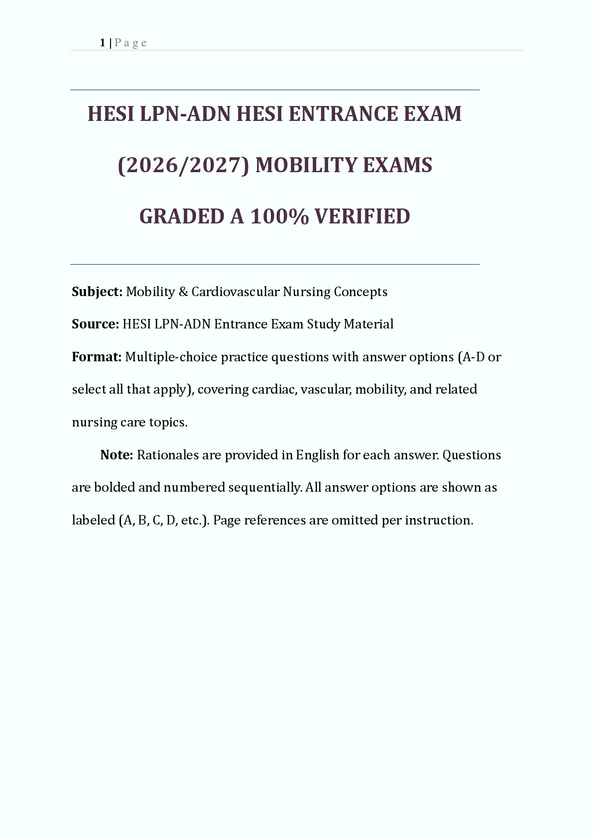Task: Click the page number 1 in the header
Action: (x=102, y=43)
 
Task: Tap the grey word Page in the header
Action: (x=130, y=43)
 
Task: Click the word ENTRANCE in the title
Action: (x=343, y=114)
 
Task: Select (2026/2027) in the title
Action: (x=183, y=165)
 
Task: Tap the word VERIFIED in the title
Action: (x=362, y=216)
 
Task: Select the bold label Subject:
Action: (x=97, y=292)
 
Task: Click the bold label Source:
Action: (x=95, y=324)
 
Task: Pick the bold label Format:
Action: (x=97, y=357)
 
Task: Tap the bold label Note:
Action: (x=117, y=455)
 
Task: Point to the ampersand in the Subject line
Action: (x=183, y=292)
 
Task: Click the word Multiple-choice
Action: (x=171, y=357)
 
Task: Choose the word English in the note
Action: (x=317, y=455)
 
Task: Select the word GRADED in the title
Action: (x=182, y=216)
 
